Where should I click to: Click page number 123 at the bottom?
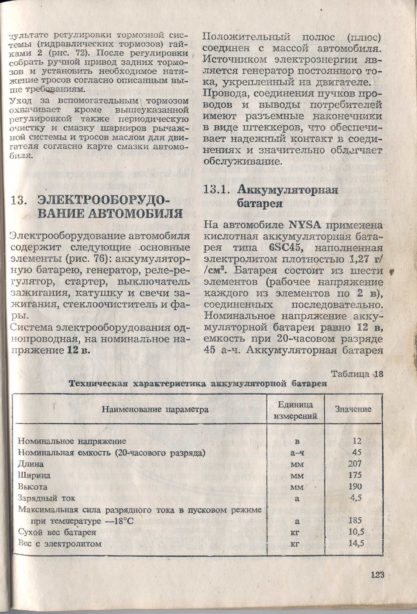(376, 575)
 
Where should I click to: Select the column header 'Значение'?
(353, 409)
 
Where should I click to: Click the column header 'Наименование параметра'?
(155, 410)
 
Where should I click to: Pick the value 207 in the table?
(355, 464)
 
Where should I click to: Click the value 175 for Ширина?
(355, 475)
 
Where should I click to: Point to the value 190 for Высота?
(355, 487)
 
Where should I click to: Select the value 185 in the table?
(355, 520)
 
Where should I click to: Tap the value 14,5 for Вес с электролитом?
(356, 544)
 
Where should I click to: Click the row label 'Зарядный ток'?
(47, 498)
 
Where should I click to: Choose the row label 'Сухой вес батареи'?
(57, 532)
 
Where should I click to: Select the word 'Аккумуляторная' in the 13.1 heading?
(288, 190)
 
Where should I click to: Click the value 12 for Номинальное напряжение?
(357, 441)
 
